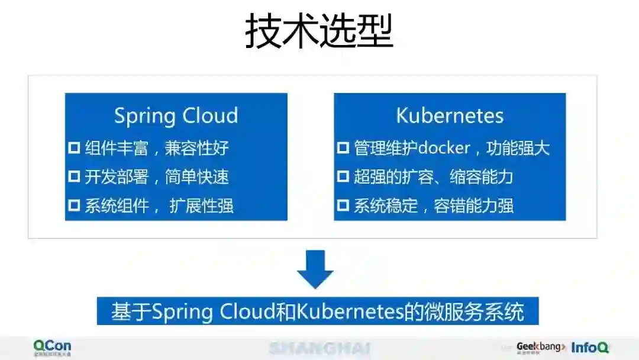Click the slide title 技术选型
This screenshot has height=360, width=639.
319,31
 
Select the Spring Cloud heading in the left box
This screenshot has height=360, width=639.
176,115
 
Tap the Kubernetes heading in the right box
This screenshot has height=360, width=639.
450,115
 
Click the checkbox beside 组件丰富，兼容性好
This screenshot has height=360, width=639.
74,147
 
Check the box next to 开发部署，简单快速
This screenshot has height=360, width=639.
74,176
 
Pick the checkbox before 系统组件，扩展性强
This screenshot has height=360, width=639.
74,205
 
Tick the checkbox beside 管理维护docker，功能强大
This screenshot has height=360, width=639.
343,147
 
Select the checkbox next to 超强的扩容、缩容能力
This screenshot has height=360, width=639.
343,176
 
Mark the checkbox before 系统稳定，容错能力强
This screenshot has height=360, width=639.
343,205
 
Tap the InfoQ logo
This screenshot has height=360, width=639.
589,348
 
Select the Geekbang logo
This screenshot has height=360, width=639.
540,347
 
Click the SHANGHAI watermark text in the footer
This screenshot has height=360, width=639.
319,348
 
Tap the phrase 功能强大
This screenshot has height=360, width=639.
518,147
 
